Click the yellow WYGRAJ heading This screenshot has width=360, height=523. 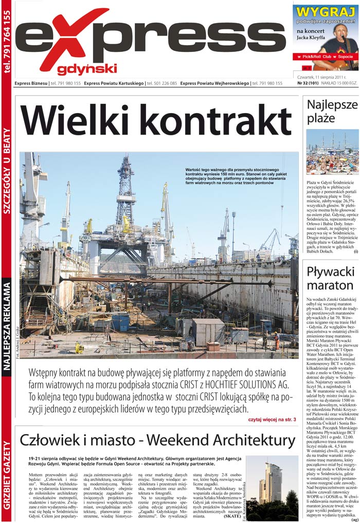(x=326, y=12)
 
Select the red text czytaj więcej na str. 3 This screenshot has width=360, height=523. (x=269, y=420)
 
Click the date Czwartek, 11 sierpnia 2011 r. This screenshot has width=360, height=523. (x=321, y=77)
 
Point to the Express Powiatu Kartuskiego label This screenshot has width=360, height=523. (x=114, y=83)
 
